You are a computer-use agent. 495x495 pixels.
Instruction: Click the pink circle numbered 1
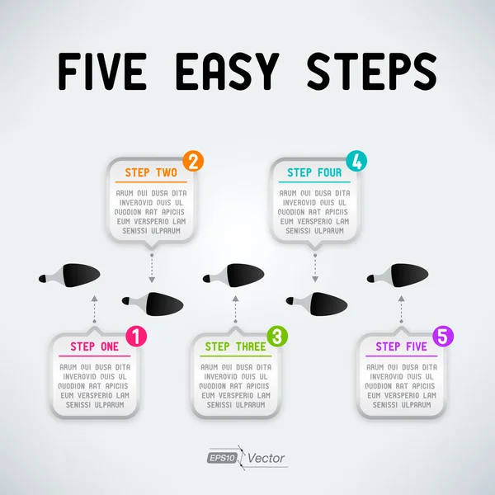tap(137, 336)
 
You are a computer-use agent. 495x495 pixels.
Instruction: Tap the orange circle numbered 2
tap(192, 160)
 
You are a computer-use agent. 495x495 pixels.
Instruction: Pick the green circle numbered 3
tap(278, 336)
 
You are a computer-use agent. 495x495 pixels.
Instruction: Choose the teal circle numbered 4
tap(356, 160)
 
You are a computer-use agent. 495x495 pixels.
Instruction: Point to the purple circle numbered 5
tap(443, 336)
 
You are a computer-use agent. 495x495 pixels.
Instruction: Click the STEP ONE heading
tap(94, 346)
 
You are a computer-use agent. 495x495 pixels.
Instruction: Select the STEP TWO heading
tap(151, 172)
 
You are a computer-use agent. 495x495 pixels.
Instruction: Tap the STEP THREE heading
tap(235, 346)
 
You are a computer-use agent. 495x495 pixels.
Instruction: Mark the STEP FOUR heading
tap(314, 172)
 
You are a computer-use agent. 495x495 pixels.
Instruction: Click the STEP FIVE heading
tap(401, 346)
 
